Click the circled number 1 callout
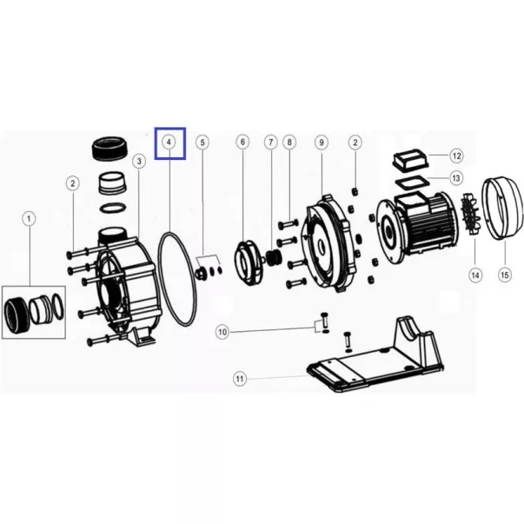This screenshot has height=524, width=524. [x=29, y=219]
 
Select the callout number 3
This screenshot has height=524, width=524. [x=139, y=162]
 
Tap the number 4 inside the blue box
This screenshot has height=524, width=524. [x=169, y=143]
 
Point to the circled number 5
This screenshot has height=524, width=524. [x=202, y=143]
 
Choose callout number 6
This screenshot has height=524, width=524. [x=242, y=142]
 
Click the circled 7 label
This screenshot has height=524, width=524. [x=270, y=143]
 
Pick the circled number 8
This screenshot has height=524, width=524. [x=289, y=143]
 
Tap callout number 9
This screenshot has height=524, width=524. [x=322, y=143]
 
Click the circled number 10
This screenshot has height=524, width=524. [x=222, y=332]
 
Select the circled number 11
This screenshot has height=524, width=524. [x=240, y=379]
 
